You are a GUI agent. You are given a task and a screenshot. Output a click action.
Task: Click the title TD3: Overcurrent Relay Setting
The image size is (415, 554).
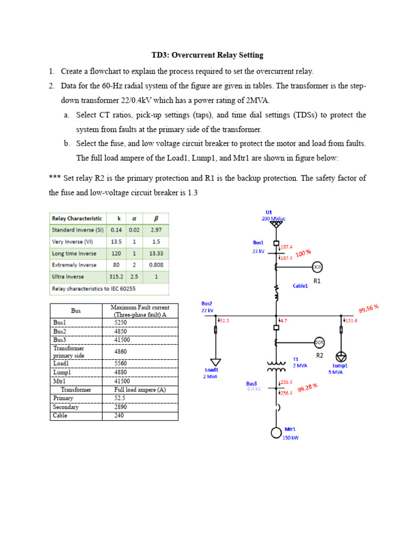[x=207, y=55]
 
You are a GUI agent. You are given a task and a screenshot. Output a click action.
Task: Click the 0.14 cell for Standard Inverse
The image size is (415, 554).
[x=116, y=230]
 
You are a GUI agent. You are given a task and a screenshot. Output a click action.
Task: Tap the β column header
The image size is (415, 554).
[x=156, y=219]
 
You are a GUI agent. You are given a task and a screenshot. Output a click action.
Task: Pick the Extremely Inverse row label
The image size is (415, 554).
[x=74, y=265]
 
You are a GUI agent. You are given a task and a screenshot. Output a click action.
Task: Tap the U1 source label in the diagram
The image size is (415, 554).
[x=269, y=212]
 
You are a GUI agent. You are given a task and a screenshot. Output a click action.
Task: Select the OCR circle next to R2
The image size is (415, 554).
[x=319, y=342]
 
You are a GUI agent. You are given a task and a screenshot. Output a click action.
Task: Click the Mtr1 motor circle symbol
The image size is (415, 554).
[x=277, y=432]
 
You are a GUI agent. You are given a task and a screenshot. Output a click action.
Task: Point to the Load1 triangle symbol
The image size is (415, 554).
[x=216, y=362]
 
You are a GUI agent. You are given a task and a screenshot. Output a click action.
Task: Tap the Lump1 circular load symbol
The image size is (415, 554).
[x=341, y=357]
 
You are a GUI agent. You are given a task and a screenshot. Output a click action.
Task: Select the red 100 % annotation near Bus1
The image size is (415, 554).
[x=304, y=253]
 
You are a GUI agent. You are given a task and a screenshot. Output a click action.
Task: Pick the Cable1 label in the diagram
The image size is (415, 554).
[x=300, y=286]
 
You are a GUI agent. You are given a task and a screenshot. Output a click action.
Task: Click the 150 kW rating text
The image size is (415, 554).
[x=290, y=438]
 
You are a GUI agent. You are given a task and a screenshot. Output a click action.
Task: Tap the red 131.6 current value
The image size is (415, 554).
[x=352, y=321]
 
